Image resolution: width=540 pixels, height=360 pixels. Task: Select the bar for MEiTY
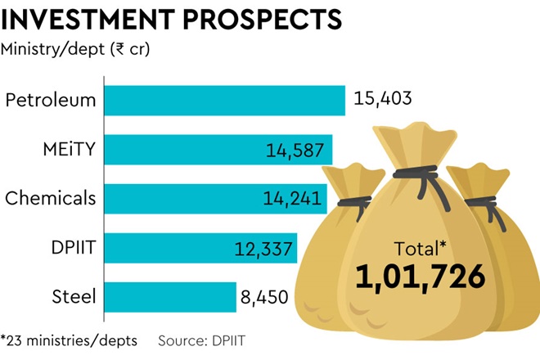click(180, 150)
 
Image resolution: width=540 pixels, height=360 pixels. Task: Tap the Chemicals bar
click(180, 199)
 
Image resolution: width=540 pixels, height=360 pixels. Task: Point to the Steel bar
click(164, 295)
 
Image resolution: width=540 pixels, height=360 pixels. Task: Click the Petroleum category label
click(51, 101)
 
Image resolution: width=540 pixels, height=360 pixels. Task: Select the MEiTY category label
click(69, 150)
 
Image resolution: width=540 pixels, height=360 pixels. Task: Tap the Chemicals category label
click(51, 199)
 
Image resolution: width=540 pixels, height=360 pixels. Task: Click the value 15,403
click(382, 101)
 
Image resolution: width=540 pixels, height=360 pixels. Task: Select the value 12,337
click(264, 248)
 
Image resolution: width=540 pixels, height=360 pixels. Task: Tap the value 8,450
click(264, 295)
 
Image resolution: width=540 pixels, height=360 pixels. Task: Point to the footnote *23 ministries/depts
click(69, 340)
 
